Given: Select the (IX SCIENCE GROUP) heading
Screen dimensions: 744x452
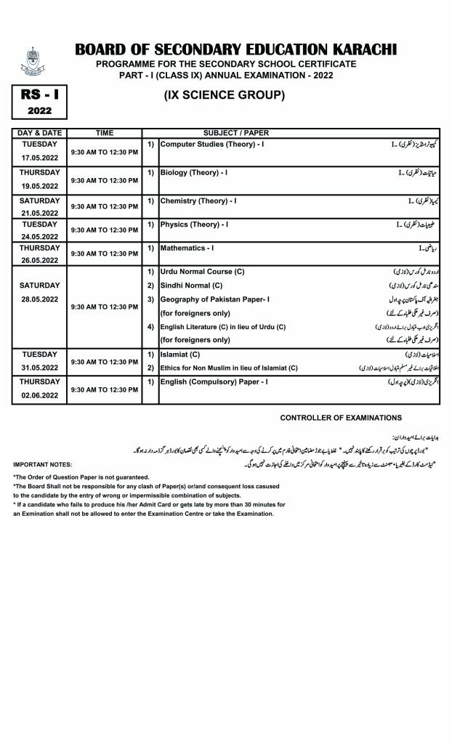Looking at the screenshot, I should (x=224, y=95).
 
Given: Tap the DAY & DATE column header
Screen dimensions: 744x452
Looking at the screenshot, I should (x=39, y=134).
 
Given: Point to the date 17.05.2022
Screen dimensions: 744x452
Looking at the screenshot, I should (x=39, y=157).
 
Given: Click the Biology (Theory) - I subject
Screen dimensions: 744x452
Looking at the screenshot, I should (x=194, y=173).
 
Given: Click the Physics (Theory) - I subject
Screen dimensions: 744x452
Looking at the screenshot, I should (x=194, y=225).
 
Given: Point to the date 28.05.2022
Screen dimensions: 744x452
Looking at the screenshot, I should (x=39, y=299).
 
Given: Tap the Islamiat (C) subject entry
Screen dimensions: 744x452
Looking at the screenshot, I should (x=179, y=355).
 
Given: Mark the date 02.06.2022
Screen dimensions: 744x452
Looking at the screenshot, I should (x=39, y=395).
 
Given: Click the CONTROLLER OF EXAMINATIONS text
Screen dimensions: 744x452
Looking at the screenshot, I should (x=340, y=418).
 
